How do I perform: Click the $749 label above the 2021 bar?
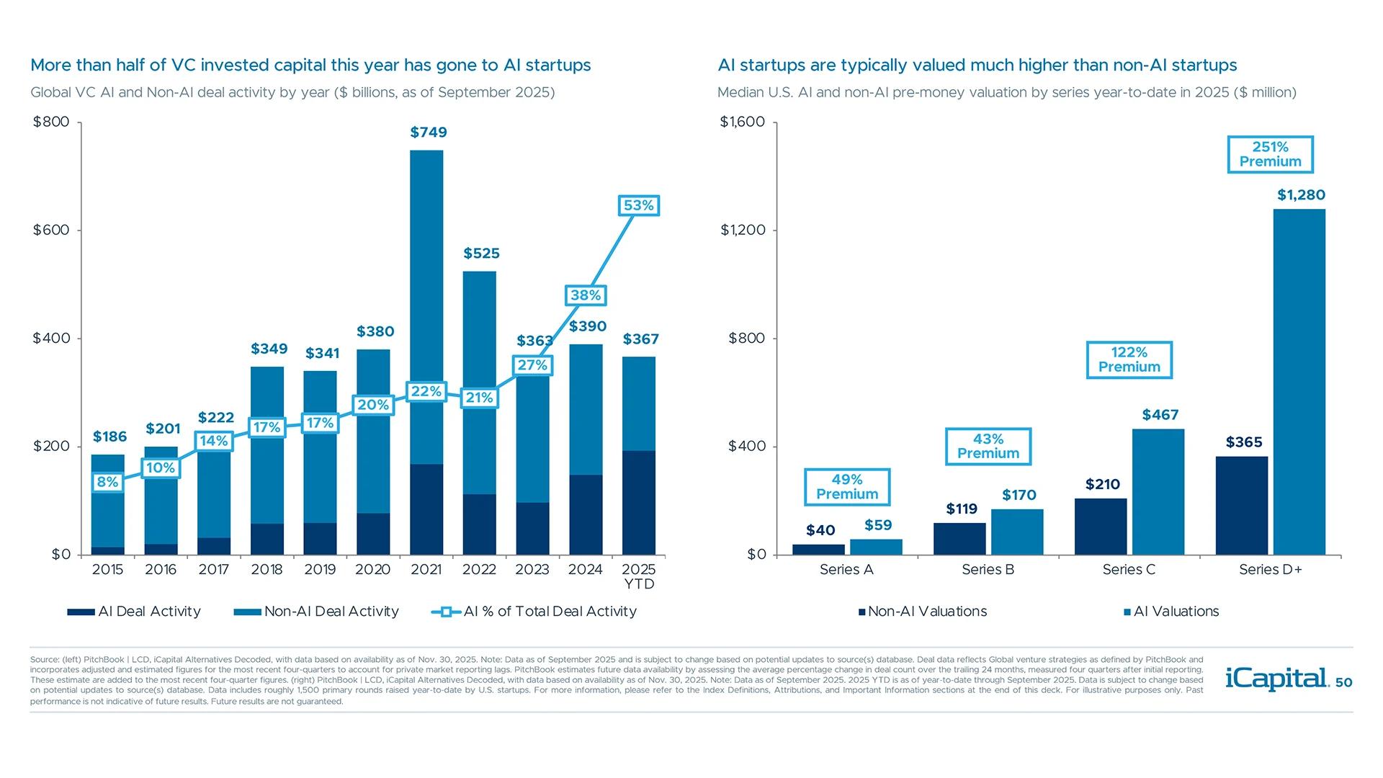[x=428, y=133]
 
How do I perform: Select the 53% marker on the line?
[x=638, y=206]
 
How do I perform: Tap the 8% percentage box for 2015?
[x=107, y=482]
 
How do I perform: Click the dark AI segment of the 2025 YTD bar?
[x=639, y=502]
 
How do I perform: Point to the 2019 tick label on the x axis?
[x=320, y=570]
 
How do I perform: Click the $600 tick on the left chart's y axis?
[x=51, y=231]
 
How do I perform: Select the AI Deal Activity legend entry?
[x=134, y=612]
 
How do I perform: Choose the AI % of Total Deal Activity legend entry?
[x=534, y=612]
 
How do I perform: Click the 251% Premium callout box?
[x=1270, y=154]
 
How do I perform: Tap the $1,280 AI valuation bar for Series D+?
[x=1299, y=382]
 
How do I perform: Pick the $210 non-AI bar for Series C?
[x=1100, y=527]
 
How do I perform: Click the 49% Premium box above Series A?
[x=846, y=487]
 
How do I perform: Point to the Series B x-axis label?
[x=988, y=570]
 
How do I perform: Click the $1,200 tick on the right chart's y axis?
[x=743, y=231]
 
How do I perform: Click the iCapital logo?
[x=1276, y=679]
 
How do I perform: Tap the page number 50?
[x=1343, y=683]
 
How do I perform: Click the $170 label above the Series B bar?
[x=1019, y=496]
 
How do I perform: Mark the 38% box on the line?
[x=585, y=295]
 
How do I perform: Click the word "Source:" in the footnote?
[x=44, y=660]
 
